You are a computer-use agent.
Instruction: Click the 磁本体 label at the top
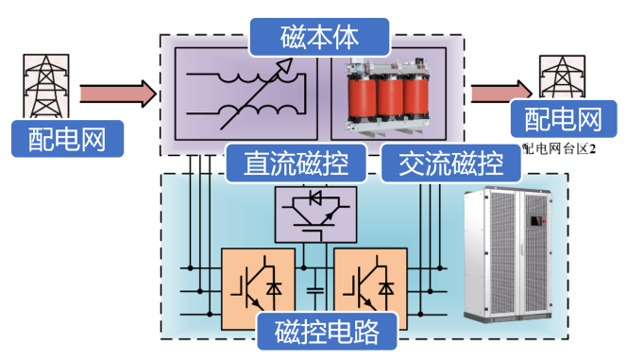pyautogui.click(x=319, y=37)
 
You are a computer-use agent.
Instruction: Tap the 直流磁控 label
pyautogui.click(x=296, y=163)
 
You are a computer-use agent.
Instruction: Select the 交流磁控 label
pyautogui.click(x=451, y=163)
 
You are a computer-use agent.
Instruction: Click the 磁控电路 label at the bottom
pyautogui.click(x=327, y=332)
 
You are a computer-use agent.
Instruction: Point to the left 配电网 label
pyautogui.click(x=67, y=139)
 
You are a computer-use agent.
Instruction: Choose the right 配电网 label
pyautogui.click(x=564, y=119)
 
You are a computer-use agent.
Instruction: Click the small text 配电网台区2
pyautogui.click(x=559, y=148)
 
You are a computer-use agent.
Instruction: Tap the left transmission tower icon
pyautogui.click(x=46, y=86)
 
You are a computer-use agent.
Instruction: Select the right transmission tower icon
pyautogui.click(x=562, y=77)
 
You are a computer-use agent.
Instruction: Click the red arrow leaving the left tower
pyautogui.click(x=118, y=94)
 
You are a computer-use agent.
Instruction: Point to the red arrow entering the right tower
pyautogui.click(x=501, y=93)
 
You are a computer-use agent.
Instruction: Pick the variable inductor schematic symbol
pyautogui.click(x=246, y=94)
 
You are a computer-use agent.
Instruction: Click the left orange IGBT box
pyautogui.click(x=259, y=289)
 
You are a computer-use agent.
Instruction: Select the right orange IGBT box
pyautogui.click(x=371, y=289)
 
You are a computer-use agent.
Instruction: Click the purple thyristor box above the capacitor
pyautogui.click(x=316, y=214)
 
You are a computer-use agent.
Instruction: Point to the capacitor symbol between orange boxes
pyautogui.click(x=314, y=291)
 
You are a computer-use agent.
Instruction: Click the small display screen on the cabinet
pyautogui.click(x=537, y=221)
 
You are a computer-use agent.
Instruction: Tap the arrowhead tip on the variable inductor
pyautogui.click(x=293, y=60)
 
